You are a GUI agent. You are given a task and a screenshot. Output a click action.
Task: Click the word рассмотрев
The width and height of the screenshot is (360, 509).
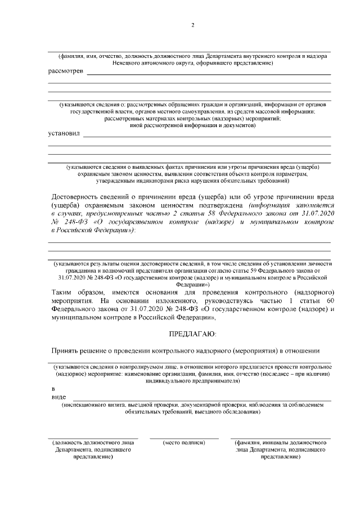coord(66,72)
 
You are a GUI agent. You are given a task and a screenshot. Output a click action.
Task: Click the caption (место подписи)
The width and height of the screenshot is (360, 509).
coord(184,443)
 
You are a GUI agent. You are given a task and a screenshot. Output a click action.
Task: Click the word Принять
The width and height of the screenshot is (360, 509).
coord(65,351)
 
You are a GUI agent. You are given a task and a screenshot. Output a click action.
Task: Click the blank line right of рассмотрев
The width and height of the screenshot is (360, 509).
coord(208,74)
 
